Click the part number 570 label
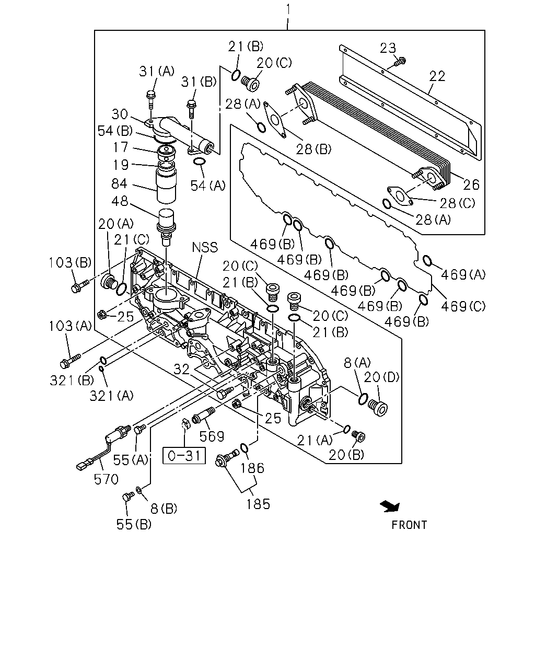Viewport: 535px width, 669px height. [x=106, y=479]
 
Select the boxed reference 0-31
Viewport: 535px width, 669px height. [x=184, y=456]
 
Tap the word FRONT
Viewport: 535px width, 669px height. [x=409, y=525]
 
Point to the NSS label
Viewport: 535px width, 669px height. [x=205, y=247]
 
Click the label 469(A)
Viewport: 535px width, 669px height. [x=463, y=275]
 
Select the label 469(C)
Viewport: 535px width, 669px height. [x=463, y=306]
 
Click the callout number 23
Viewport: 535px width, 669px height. [x=388, y=48]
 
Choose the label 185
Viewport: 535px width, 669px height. [x=258, y=504]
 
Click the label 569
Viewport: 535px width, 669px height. [x=212, y=436]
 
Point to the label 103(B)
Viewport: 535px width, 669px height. [x=70, y=263]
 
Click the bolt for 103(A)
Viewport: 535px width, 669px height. [x=70, y=361]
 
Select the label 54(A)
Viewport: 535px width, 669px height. [x=207, y=186]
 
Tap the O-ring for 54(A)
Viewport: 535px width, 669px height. [x=199, y=162]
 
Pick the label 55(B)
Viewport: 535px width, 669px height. [x=134, y=524]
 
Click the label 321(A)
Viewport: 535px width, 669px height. [x=111, y=396]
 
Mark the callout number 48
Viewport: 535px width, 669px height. [x=120, y=201]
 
